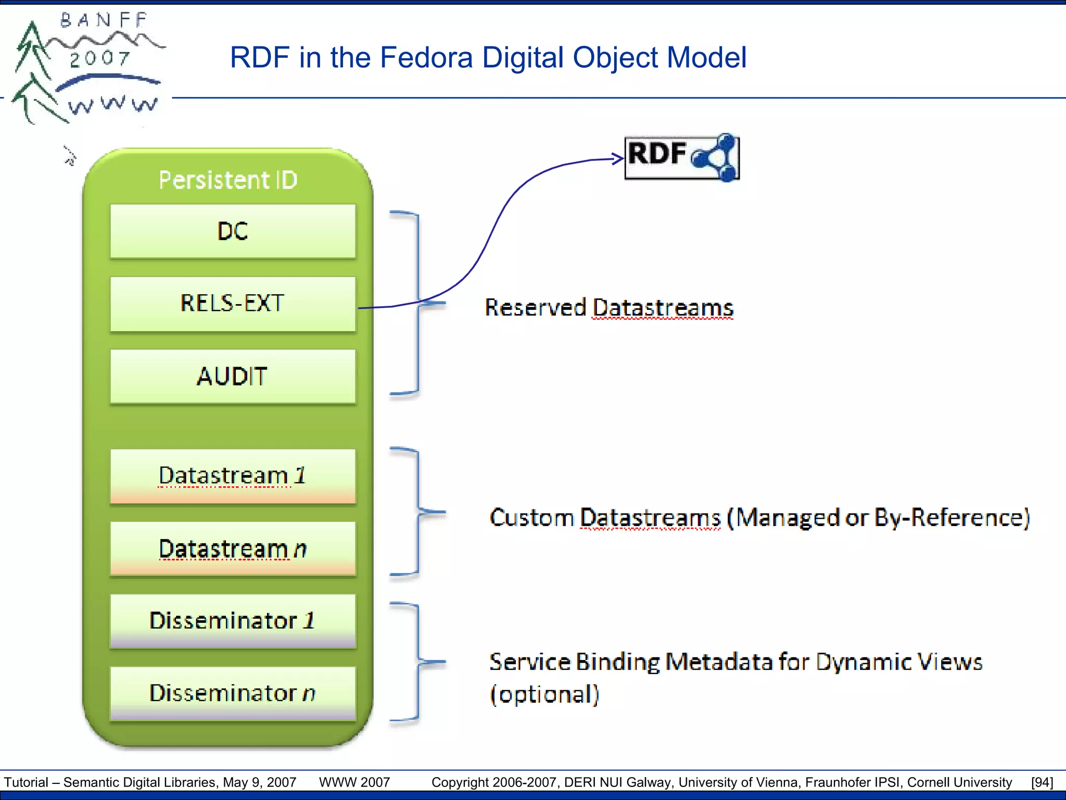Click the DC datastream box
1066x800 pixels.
pos(233,231)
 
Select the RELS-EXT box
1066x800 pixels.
pos(233,304)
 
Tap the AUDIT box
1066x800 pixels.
pos(233,376)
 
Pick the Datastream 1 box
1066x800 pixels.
pos(233,476)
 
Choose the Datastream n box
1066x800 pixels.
pos(233,548)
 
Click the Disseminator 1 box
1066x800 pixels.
pos(233,621)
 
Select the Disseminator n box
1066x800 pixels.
pos(233,693)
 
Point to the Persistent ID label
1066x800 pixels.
pos(228,180)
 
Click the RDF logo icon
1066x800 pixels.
pos(682,157)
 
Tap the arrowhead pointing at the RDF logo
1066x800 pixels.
pos(618,159)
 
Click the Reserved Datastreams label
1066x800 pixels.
pos(609,307)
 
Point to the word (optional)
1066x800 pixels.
pos(544,694)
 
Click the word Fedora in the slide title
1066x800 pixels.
pos(426,57)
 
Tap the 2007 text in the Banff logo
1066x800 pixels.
pos(99,58)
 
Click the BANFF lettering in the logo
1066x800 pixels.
pos(104,20)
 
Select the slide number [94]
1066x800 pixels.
pos(1042,782)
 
